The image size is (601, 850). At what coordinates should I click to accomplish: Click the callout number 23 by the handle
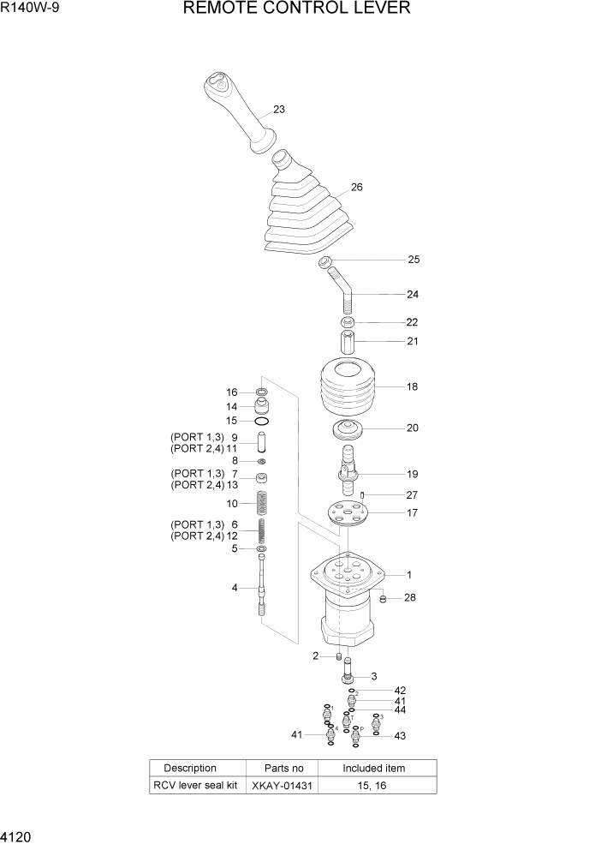click(279, 110)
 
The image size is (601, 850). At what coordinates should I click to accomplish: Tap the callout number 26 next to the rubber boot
click(357, 187)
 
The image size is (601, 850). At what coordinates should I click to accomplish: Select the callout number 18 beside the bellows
click(412, 386)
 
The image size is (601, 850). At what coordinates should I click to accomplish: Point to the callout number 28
click(409, 597)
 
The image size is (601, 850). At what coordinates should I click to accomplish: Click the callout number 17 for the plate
click(412, 513)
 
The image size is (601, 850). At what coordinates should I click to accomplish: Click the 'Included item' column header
click(374, 768)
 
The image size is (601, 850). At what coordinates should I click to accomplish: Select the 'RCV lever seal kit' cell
click(195, 786)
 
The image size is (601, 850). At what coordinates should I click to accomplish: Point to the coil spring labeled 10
click(262, 503)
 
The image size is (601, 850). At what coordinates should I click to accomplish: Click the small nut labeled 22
click(348, 322)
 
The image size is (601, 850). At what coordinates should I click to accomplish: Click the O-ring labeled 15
click(262, 421)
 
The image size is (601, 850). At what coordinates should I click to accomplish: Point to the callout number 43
click(400, 735)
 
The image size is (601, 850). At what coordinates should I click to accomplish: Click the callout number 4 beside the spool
click(235, 588)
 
